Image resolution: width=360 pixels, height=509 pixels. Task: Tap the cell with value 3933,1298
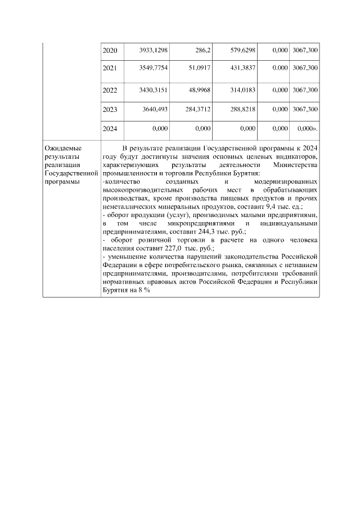(x=152, y=51)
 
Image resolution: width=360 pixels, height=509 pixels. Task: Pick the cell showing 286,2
(x=201, y=51)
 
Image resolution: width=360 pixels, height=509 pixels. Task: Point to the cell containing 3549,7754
(x=152, y=67)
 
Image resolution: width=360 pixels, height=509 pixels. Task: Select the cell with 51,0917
(x=198, y=67)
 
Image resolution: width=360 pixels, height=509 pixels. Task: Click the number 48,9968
(x=198, y=90)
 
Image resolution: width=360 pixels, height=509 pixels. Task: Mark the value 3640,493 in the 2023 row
(x=155, y=109)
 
